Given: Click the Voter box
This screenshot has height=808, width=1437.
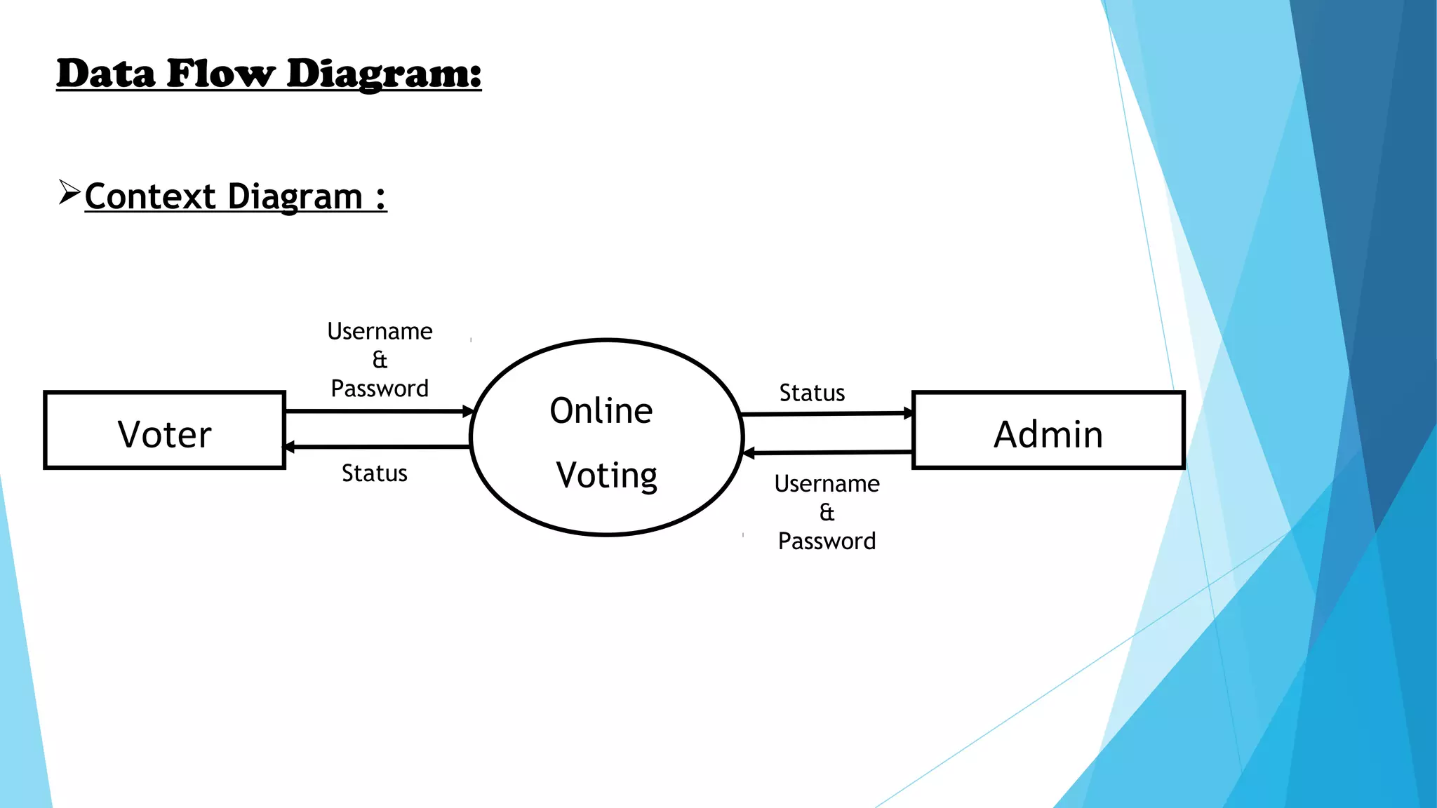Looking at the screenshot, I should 164,431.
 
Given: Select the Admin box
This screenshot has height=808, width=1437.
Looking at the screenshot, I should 1048,431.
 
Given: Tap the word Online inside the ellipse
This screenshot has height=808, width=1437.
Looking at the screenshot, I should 601,411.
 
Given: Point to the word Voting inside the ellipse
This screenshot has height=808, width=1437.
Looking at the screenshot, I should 606,476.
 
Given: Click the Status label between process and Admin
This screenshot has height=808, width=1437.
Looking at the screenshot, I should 812,393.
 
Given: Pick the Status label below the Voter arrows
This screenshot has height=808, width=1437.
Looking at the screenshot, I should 374,473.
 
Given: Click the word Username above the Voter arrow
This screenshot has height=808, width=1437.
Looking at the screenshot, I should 380,331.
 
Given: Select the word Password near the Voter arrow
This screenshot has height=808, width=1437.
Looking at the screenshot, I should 380,389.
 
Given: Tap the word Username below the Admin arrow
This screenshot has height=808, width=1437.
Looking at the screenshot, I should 827,484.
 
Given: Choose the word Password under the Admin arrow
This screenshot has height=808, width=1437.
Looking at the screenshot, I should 827,541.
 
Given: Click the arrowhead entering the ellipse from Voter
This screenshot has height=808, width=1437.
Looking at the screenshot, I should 468,412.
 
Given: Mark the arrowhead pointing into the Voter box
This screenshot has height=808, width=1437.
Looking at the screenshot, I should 288,447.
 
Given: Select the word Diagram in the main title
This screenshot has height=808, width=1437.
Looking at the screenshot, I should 384,74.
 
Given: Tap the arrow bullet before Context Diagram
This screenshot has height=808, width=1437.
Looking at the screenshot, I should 69,192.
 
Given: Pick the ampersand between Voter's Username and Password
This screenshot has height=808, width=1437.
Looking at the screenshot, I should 380,360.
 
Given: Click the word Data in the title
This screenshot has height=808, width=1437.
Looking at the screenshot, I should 105,74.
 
